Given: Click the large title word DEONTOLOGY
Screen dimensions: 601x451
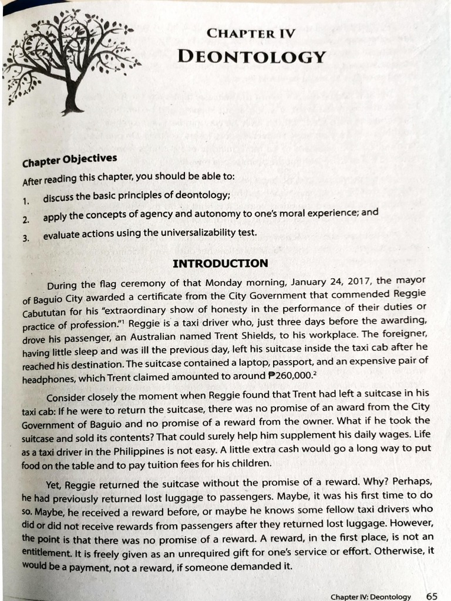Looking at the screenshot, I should click(251, 57).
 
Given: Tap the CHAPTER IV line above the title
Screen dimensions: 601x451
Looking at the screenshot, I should click(251, 33).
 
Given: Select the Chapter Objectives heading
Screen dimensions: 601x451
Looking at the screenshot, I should click(70, 160).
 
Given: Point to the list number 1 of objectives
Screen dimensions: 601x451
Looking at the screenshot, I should click(26, 201).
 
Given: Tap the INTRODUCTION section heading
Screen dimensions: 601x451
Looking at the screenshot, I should click(220, 263).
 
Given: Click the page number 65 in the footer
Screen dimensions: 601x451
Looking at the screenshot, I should click(432, 596).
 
